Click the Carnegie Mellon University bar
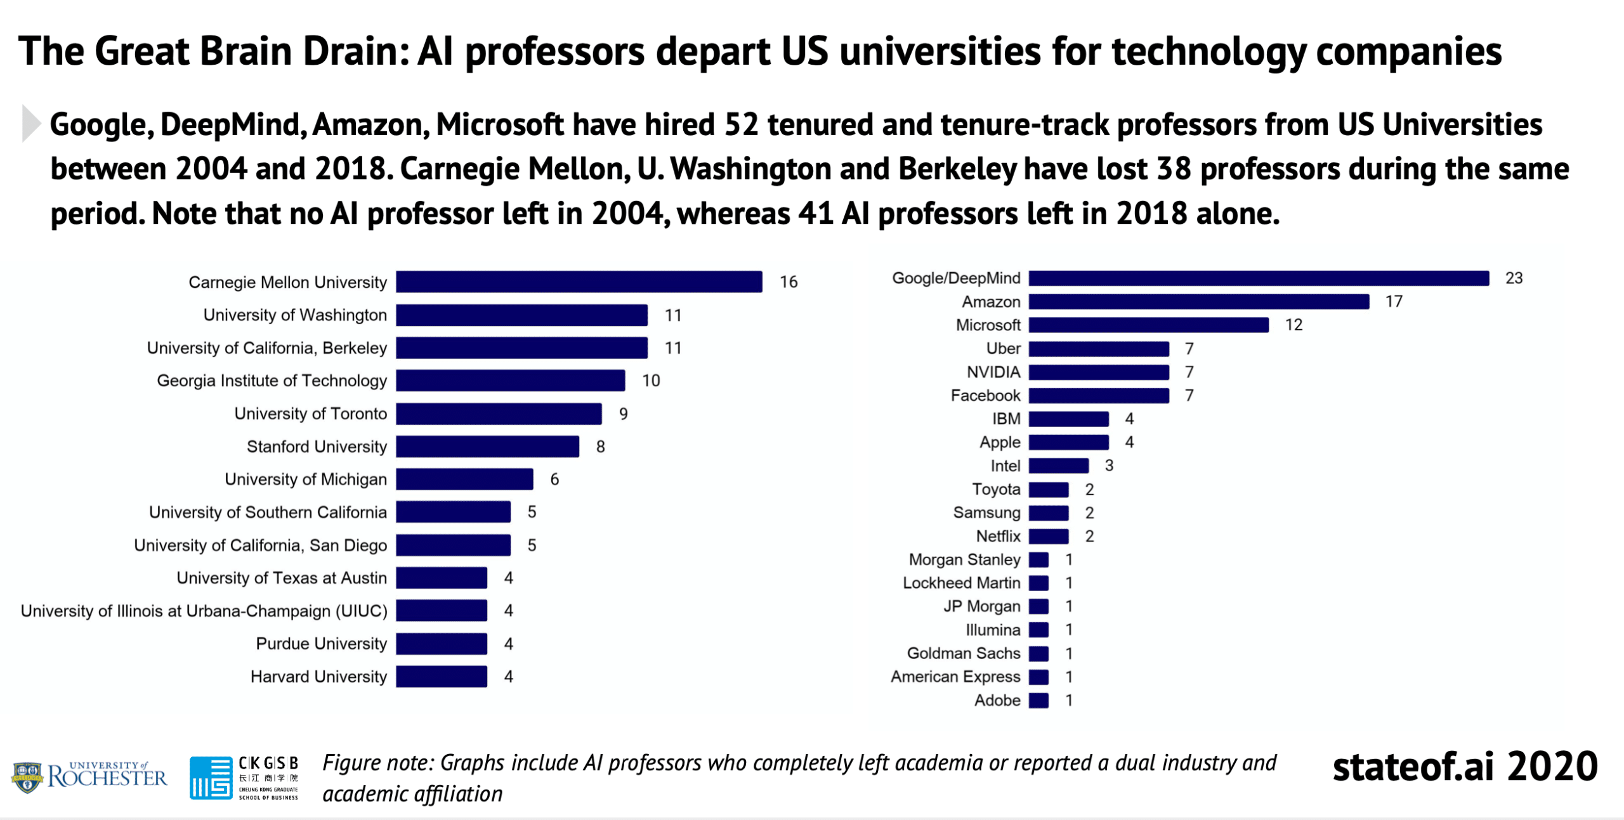tap(579, 282)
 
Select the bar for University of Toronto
tap(499, 413)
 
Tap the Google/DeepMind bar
tap(1259, 278)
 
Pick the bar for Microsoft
tap(1148, 325)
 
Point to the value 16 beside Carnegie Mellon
tap(789, 282)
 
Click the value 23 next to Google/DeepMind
tap(1514, 278)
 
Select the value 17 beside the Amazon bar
tap(1393, 301)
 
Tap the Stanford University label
tap(317, 446)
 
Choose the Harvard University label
tap(318, 677)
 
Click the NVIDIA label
tap(993, 372)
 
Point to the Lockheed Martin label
tap(961, 583)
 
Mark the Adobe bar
tap(1038, 700)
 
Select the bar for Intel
tap(1058, 465)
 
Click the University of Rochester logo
tap(89, 776)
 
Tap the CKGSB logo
tap(244, 777)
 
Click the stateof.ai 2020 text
tap(1465, 766)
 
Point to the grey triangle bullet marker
tap(30, 123)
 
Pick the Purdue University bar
tap(442, 644)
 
